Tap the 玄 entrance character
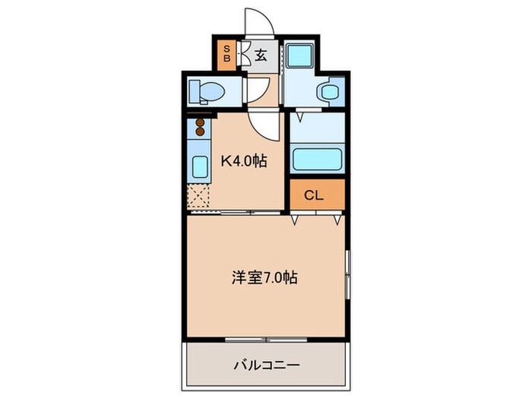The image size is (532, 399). pyautogui.click(x=261, y=55)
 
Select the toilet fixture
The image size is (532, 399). pyautogui.click(x=207, y=92)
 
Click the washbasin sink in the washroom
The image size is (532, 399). pyautogui.click(x=330, y=92)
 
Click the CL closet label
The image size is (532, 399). pyautogui.click(x=315, y=195)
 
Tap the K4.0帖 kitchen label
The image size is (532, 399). pyautogui.click(x=244, y=161)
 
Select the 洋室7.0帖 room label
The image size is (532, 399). pyautogui.click(x=264, y=278)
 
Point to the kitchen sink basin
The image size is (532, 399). pyautogui.click(x=200, y=166)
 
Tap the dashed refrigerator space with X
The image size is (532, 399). pyautogui.click(x=199, y=196)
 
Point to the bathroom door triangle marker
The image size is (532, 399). pyautogui.click(x=300, y=118)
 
